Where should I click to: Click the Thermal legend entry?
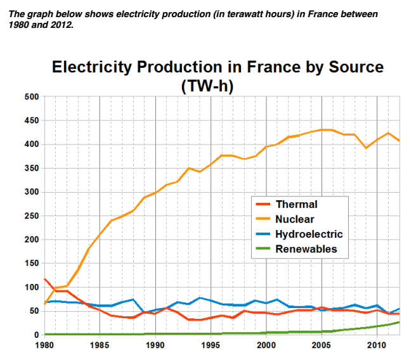pos(296,205)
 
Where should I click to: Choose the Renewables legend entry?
pos(306,249)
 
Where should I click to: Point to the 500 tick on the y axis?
pos(31,97)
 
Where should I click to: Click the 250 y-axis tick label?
pos(31,216)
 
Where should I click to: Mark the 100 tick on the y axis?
pos(31,287)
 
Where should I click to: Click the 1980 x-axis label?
pos(44,345)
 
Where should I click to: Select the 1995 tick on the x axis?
pos(211,345)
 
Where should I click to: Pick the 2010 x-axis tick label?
pos(377,345)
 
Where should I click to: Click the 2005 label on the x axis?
pos(322,345)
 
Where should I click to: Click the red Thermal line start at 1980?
pos(44,279)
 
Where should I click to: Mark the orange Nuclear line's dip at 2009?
pos(366,148)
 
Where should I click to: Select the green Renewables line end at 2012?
pos(399,322)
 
